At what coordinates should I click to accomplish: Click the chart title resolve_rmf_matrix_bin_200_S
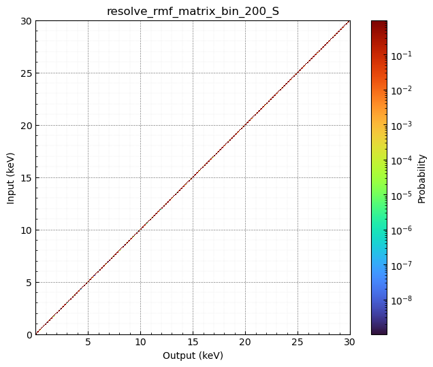[193, 11]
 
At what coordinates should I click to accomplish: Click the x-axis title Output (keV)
[193, 355]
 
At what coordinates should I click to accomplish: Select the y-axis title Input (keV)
[11, 177]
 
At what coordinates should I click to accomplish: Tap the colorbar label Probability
[422, 177]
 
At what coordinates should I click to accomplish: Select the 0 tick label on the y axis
[28, 334]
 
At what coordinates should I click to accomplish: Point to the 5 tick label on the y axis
[28, 282]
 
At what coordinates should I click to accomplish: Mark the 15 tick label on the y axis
[26, 177]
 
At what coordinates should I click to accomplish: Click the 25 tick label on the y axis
[26, 73]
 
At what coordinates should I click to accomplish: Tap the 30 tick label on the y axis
[26, 20]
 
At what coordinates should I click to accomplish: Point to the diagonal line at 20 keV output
[245, 125]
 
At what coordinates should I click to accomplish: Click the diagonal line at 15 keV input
[193, 177]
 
